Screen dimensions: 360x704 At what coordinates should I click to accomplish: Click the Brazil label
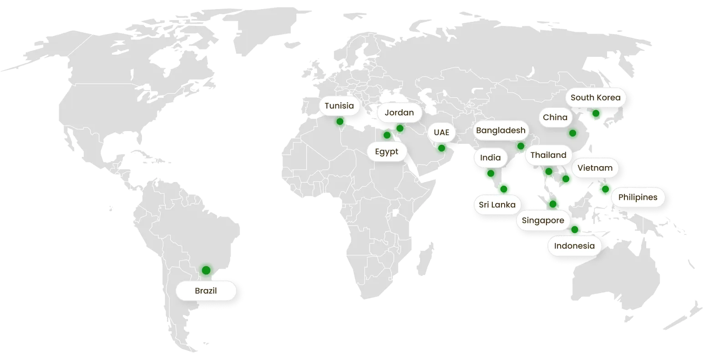pyautogui.click(x=206, y=291)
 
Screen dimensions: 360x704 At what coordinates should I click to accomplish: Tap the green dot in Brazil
pyautogui.click(x=206, y=270)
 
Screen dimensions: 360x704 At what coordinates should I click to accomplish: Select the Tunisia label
pyautogui.click(x=339, y=106)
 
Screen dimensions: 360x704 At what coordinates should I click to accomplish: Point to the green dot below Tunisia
pyautogui.click(x=339, y=122)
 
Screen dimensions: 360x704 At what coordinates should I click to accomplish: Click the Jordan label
pyautogui.click(x=399, y=112)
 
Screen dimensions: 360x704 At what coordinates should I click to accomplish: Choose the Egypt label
pyautogui.click(x=386, y=152)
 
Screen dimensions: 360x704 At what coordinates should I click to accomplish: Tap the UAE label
pyautogui.click(x=441, y=132)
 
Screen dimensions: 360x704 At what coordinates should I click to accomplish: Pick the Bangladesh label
pyautogui.click(x=501, y=131)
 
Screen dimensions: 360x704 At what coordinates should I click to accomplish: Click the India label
pyautogui.click(x=490, y=158)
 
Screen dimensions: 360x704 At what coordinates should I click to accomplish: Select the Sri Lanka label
pyautogui.click(x=497, y=205)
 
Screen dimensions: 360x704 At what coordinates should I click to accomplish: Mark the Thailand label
pyautogui.click(x=548, y=155)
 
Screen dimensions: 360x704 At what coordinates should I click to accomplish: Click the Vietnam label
pyautogui.click(x=595, y=168)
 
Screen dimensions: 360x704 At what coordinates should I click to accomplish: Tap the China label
pyautogui.click(x=555, y=117)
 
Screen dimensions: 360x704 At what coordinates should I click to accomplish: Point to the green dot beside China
pyautogui.click(x=572, y=133)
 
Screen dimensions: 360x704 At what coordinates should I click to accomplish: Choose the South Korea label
pyautogui.click(x=595, y=97)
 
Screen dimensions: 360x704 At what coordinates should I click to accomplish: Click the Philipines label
pyautogui.click(x=638, y=198)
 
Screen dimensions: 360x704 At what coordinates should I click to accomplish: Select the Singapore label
pyautogui.click(x=543, y=221)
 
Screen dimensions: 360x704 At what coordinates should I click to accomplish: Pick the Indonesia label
pyautogui.click(x=574, y=246)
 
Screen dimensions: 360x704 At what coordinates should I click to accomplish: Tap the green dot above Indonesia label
pyautogui.click(x=575, y=229)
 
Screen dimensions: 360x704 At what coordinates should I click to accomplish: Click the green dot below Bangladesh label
pyautogui.click(x=521, y=146)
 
